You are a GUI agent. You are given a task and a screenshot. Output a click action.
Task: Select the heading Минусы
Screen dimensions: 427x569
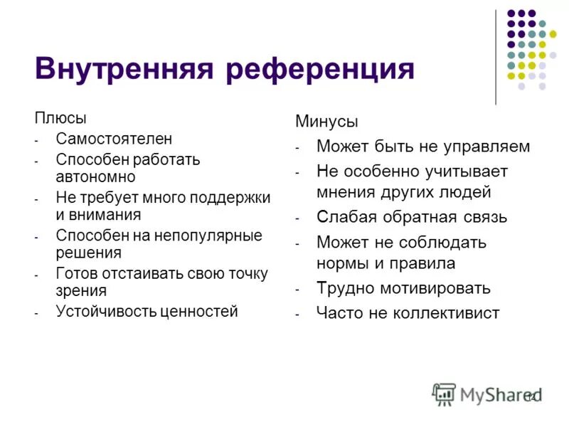326,122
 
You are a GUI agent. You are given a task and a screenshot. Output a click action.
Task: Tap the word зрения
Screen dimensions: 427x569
81,290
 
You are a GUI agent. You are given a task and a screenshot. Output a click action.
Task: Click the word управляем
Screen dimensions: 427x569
486,147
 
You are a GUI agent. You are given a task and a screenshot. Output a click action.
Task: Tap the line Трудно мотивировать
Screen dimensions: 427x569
403,288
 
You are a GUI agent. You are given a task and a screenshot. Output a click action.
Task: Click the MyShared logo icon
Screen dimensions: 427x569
444,394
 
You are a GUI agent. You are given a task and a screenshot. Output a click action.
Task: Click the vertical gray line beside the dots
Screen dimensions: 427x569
496,57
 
